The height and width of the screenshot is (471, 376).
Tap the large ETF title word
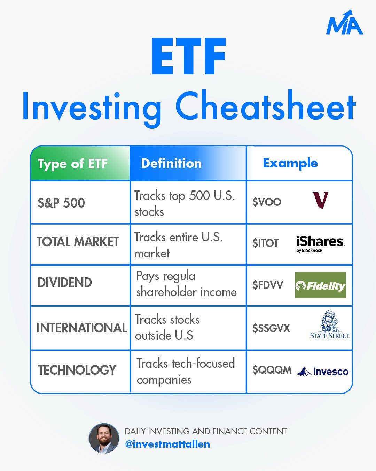[188, 57]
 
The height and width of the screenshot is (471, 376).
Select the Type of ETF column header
[72, 164]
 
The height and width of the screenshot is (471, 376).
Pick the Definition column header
[171, 163]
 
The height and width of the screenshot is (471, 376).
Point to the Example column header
[290, 163]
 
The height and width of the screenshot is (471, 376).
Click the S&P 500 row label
[61, 203]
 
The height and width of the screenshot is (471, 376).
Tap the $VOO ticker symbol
[267, 202]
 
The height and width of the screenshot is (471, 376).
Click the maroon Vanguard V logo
[320, 200]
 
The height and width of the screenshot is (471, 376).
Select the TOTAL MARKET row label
[78, 242]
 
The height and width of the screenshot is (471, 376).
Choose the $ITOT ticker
[265, 243]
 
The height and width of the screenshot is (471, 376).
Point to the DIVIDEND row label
[65, 282]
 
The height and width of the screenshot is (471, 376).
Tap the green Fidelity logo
[321, 285]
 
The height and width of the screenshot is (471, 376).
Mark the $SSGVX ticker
[271, 328]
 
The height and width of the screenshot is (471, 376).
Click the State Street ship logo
[330, 324]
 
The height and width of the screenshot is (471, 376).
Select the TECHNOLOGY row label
[77, 370]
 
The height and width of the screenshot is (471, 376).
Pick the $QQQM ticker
[272, 370]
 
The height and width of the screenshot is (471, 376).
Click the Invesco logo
[323, 372]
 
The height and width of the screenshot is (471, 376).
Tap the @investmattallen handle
[167, 444]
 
